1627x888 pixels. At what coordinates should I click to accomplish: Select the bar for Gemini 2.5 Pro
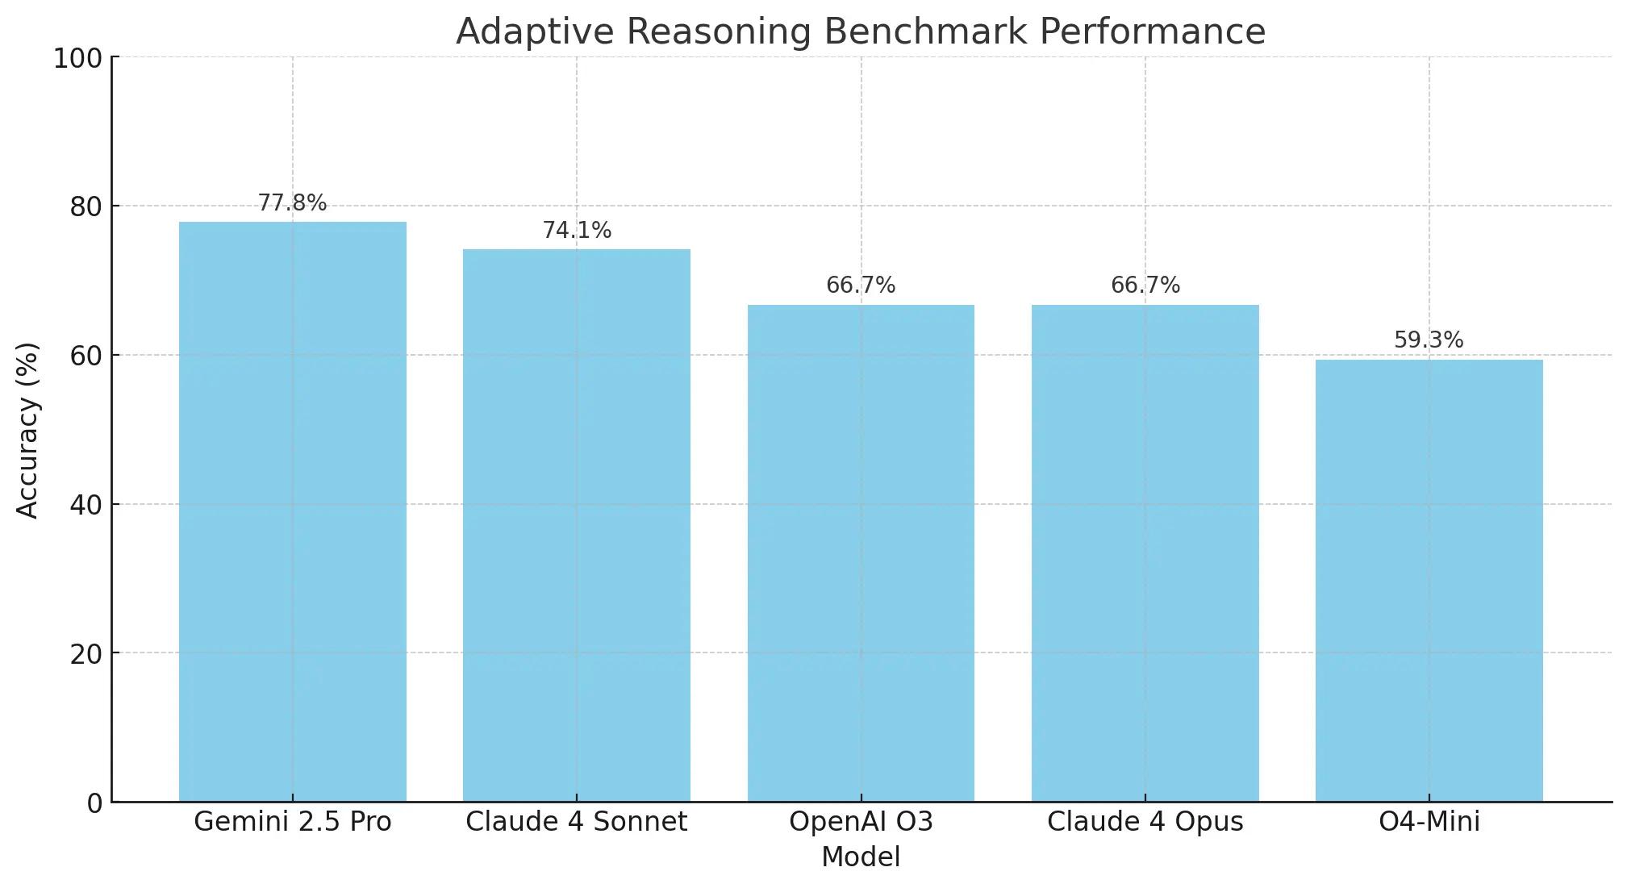click(x=292, y=511)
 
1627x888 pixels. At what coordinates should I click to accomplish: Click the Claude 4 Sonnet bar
click(x=576, y=525)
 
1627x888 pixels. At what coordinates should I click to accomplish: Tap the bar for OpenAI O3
click(x=861, y=552)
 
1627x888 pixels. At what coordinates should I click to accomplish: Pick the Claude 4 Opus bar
click(x=1145, y=552)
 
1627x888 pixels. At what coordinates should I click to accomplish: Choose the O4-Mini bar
click(x=1429, y=580)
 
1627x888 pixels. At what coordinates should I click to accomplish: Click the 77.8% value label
click(x=292, y=203)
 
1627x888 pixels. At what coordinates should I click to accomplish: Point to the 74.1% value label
click(x=576, y=231)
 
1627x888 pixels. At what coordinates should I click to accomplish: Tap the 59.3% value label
click(x=1429, y=340)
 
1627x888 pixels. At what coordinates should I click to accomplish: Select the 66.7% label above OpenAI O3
click(x=861, y=286)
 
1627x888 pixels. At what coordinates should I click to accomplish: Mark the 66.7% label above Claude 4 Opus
click(x=1145, y=286)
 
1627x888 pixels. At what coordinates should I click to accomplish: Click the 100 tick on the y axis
click(x=77, y=59)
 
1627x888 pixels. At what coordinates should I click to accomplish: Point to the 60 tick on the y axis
click(x=86, y=356)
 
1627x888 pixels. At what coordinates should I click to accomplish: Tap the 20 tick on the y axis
click(x=86, y=654)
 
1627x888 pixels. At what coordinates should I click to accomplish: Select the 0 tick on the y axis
click(x=95, y=803)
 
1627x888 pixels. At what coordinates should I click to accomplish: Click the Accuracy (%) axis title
click(x=27, y=430)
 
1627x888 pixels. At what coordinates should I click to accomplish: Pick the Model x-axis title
click(x=861, y=857)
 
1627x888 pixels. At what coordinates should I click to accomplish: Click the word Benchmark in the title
click(x=929, y=32)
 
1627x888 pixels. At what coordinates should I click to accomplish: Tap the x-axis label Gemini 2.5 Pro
click(x=292, y=822)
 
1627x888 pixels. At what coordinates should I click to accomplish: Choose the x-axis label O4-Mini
click(x=1429, y=822)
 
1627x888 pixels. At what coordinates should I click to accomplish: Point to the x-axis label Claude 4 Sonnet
click(x=576, y=822)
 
